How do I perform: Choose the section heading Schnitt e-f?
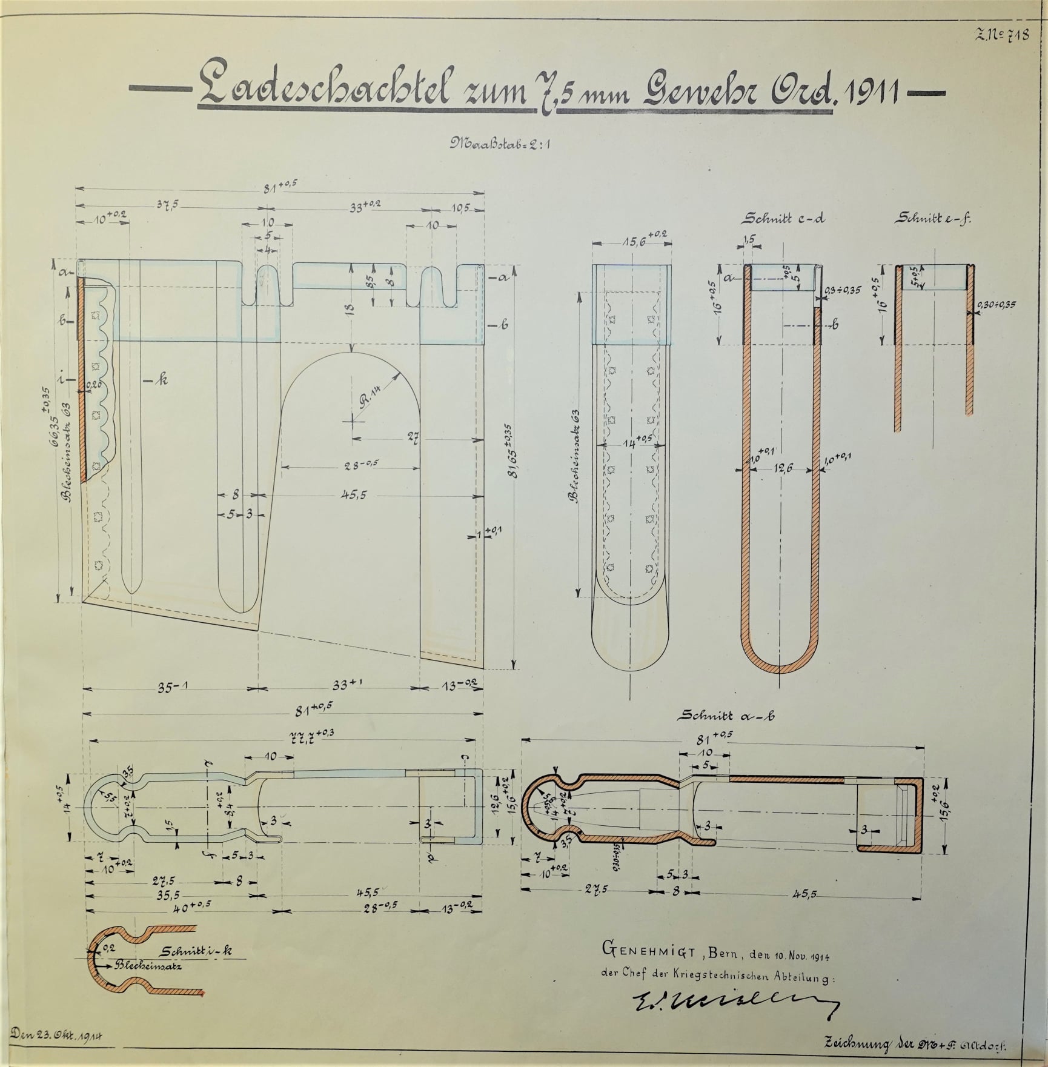[934, 219]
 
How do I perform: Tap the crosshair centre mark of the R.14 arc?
[352, 420]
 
